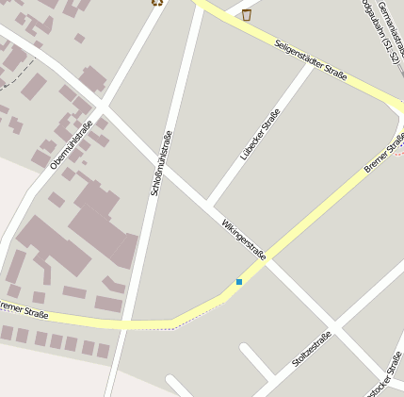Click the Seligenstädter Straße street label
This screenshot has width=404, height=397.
312,58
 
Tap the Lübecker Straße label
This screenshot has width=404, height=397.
260,134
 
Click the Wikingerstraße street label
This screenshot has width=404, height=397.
244,239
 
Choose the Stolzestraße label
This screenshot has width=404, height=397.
312,350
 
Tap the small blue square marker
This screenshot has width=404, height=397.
239,281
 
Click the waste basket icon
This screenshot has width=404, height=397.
247,14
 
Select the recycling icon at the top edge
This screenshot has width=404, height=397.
156,2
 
